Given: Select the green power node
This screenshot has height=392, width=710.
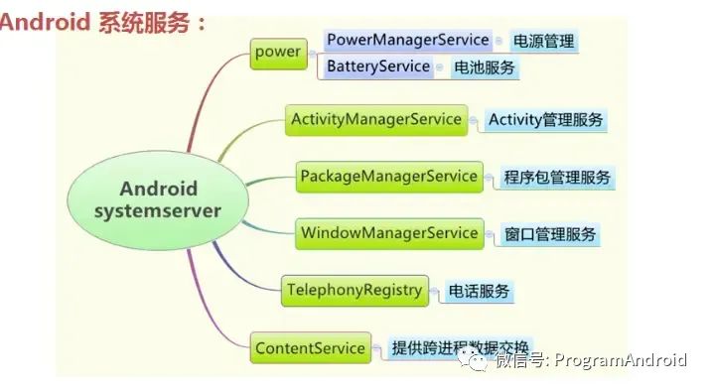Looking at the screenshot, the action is (x=277, y=52).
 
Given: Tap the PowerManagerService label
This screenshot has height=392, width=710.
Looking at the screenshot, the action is (x=407, y=41).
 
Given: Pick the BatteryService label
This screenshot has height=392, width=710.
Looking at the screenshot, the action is (x=378, y=66).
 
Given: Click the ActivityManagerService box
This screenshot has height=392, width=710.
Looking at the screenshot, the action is (x=376, y=119).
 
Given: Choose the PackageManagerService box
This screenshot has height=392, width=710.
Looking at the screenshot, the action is (x=388, y=177).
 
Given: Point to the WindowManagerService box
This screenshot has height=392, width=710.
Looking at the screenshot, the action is (x=388, y=233).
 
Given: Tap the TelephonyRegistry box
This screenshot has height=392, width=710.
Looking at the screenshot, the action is (x=355, y=291).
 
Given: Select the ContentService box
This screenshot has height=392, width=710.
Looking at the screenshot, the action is (x=310, y=348).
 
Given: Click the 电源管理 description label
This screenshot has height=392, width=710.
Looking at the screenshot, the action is (x=542, y=42).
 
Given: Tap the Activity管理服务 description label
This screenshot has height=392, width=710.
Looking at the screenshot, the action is (x=545, y=120).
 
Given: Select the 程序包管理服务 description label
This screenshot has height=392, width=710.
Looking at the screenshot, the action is (x=556, y=178).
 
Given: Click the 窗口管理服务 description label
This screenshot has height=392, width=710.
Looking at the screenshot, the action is (x=550, y=234).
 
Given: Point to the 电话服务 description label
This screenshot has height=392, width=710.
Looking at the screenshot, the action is (x=479, y=292).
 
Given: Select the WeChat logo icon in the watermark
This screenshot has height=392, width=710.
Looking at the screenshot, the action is (x=479, y=358).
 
